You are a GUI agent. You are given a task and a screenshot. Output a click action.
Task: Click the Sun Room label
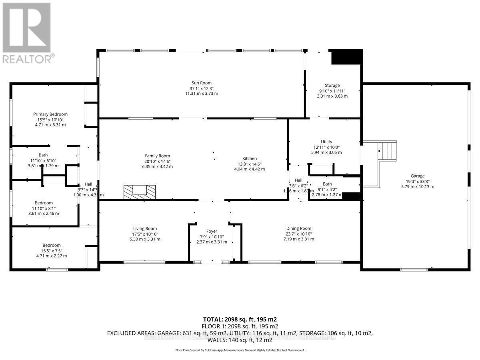click(x=201, y=83)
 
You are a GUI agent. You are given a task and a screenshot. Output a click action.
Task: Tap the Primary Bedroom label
click(x=50, y=114)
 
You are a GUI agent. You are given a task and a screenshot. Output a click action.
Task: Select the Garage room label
click(x=417, y=176)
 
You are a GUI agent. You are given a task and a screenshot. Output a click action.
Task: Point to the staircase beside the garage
click(x=386, y=151)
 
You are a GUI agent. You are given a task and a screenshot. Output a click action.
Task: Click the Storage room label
click(x=332, y=85)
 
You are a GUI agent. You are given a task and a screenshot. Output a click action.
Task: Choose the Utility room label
click(x=326, y=142)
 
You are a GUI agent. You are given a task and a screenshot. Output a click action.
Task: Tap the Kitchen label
click(x=249, y=158)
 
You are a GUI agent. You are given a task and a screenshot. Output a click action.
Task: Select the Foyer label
click(x=212, y=231)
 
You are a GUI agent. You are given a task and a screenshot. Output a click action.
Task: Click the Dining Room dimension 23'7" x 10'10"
click(x=299, y=234)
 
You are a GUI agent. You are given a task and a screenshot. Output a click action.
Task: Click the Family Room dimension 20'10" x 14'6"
click(x=157, y=161)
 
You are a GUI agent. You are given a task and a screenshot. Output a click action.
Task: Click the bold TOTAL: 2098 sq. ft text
click(x=240, y=319)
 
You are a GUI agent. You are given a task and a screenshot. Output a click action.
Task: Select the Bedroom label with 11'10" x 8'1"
click(x=43, y=203)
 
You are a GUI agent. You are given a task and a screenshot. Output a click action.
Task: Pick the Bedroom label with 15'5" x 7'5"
click(x=52, y=245)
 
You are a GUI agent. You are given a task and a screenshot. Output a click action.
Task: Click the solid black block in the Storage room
click(x=346, y=57)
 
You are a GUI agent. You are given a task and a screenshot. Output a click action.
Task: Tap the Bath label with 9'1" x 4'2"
click(x=327, y=184)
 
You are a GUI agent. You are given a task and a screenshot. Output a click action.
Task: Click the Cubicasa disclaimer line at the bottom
click(x=240, y=350)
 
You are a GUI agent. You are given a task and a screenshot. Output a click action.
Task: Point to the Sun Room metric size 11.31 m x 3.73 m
click(x=201, y=93)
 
